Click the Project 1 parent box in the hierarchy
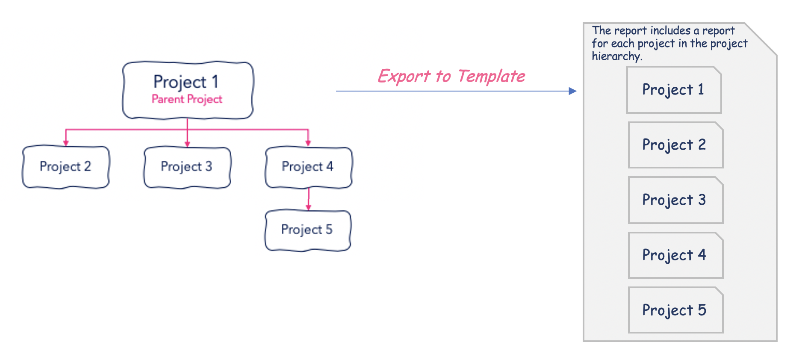188,90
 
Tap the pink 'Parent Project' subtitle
187,99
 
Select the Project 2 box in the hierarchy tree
66,167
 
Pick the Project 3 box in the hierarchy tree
187,167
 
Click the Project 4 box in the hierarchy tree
309,167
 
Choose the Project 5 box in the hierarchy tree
308,230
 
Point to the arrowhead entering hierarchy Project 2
66,143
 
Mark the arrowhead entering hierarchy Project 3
187,144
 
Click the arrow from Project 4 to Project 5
309,199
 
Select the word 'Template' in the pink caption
491,76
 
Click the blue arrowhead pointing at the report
573,91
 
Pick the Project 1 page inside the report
674,90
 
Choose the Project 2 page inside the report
675,145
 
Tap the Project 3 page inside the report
675,200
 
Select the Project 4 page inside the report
675,255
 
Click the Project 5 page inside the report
675,310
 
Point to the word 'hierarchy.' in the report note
617,56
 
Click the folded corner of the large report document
761,38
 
